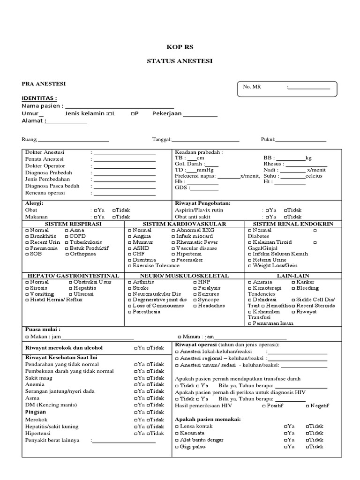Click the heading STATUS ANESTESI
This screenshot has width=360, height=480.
(180, 61)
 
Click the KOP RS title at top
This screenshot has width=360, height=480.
(180, 47)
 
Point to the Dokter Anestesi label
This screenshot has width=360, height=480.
(45, 153)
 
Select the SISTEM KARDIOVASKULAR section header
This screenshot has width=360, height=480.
(184, 224)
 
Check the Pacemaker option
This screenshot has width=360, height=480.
(173, 259)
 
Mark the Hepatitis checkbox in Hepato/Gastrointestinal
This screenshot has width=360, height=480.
(71, 288)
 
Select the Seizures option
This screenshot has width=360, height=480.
(195, 294)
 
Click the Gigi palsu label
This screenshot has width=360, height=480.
(193, 447)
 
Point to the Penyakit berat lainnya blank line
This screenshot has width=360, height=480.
(124, 441)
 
